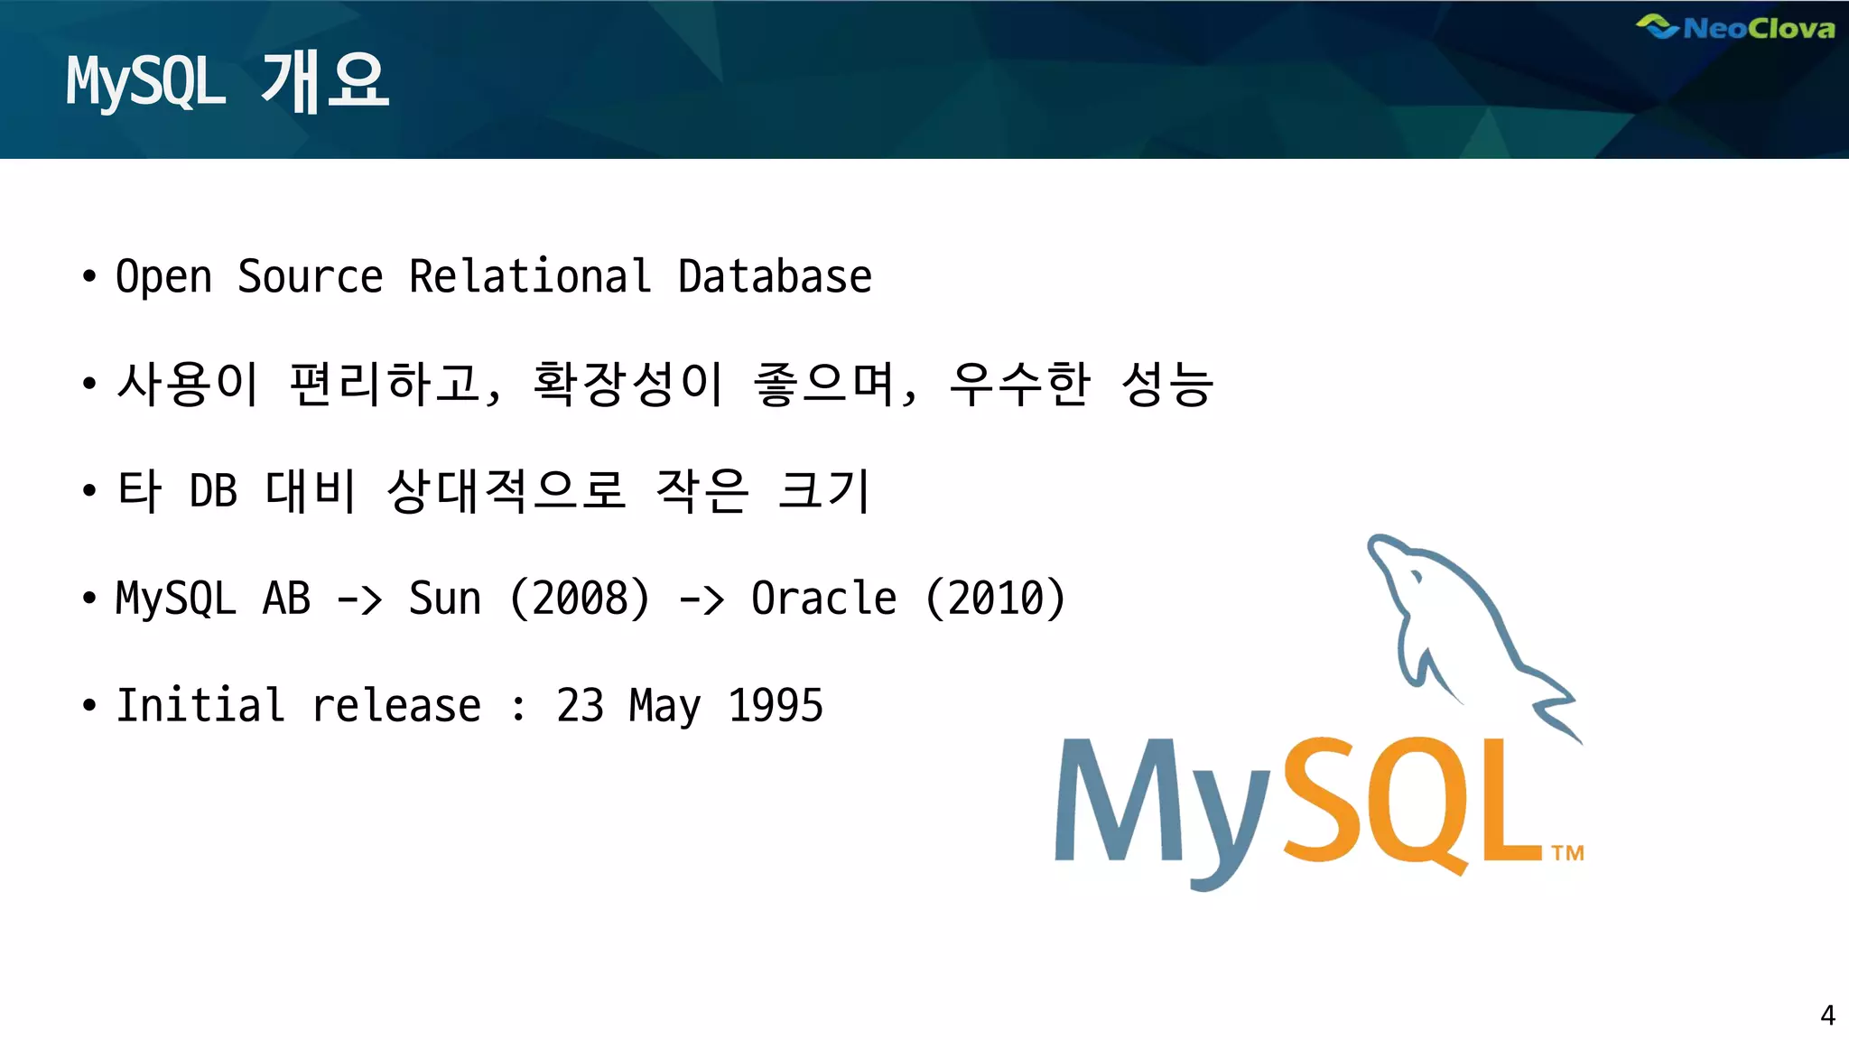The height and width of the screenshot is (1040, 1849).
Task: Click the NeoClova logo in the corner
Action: (1735, 28)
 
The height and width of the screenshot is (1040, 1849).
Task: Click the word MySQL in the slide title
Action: (145, 83)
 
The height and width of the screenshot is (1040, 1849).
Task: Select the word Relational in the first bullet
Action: (530, 276)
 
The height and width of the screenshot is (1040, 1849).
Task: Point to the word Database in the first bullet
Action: (775, 276)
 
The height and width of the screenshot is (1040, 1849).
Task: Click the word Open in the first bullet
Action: (163, 276)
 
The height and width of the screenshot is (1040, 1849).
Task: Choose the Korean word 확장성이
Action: (627, 384)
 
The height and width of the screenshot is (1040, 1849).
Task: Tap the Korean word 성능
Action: (1166, 384)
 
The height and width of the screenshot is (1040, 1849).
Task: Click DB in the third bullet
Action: (213, 491)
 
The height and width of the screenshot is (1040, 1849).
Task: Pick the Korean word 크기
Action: (823, 491)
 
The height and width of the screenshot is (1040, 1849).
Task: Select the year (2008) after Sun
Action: (580, 598)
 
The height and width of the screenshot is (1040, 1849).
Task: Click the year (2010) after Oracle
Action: (996, 598)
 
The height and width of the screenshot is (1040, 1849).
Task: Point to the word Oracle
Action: (823, 598)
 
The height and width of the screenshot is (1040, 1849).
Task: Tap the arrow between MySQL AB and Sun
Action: (359, 599)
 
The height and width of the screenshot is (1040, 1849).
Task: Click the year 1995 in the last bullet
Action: (776, 705)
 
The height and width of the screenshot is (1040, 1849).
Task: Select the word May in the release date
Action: (664, 705)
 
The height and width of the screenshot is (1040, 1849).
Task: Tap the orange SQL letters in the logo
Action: (1408, 803)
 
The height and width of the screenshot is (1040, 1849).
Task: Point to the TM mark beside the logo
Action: (1568, 853)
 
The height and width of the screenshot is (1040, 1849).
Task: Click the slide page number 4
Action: (1827, 1016)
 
